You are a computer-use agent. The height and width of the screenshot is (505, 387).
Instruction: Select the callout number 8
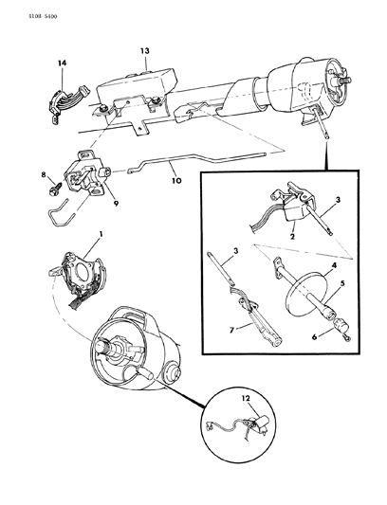[x=43, y=174]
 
